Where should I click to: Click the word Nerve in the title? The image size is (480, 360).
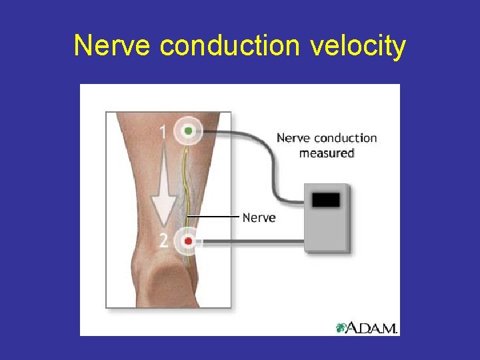click(113, 47)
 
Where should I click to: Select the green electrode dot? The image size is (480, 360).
click(189, 131)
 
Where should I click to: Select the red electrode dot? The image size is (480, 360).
click(189, 240)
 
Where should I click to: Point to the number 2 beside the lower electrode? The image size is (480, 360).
click(163, 240)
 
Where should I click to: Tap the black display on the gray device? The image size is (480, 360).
click(326, 199)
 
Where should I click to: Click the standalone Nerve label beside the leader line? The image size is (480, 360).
click(259, 218)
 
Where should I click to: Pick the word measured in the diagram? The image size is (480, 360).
click(326, 153)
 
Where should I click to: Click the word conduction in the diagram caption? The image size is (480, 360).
click(345, 139)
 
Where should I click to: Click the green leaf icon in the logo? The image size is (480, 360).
click(341, 327)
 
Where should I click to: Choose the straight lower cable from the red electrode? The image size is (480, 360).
click(253, 240)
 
